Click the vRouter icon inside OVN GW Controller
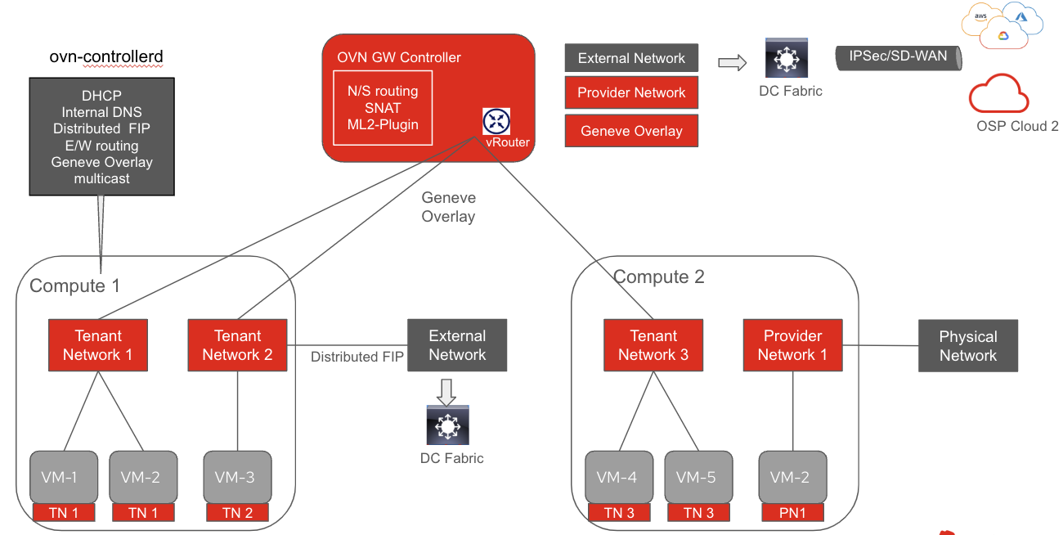tap(496, 122)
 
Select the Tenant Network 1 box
tap(98, 345)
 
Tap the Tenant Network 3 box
tap(653, 345)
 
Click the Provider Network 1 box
tap(792, 345)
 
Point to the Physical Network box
tap(967, 346)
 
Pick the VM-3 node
tap(237, 477)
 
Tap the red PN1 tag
tap(791, 513)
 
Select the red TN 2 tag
tap(237, 513)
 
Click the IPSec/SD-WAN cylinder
tap(898, 57)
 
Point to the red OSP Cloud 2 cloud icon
tap(998, 94)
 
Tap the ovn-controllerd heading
tap(106, 56)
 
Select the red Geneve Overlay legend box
tap(631, 131)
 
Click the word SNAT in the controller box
tap(383, 108)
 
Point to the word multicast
tap(101, 178)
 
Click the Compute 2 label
tap(658, 276)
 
